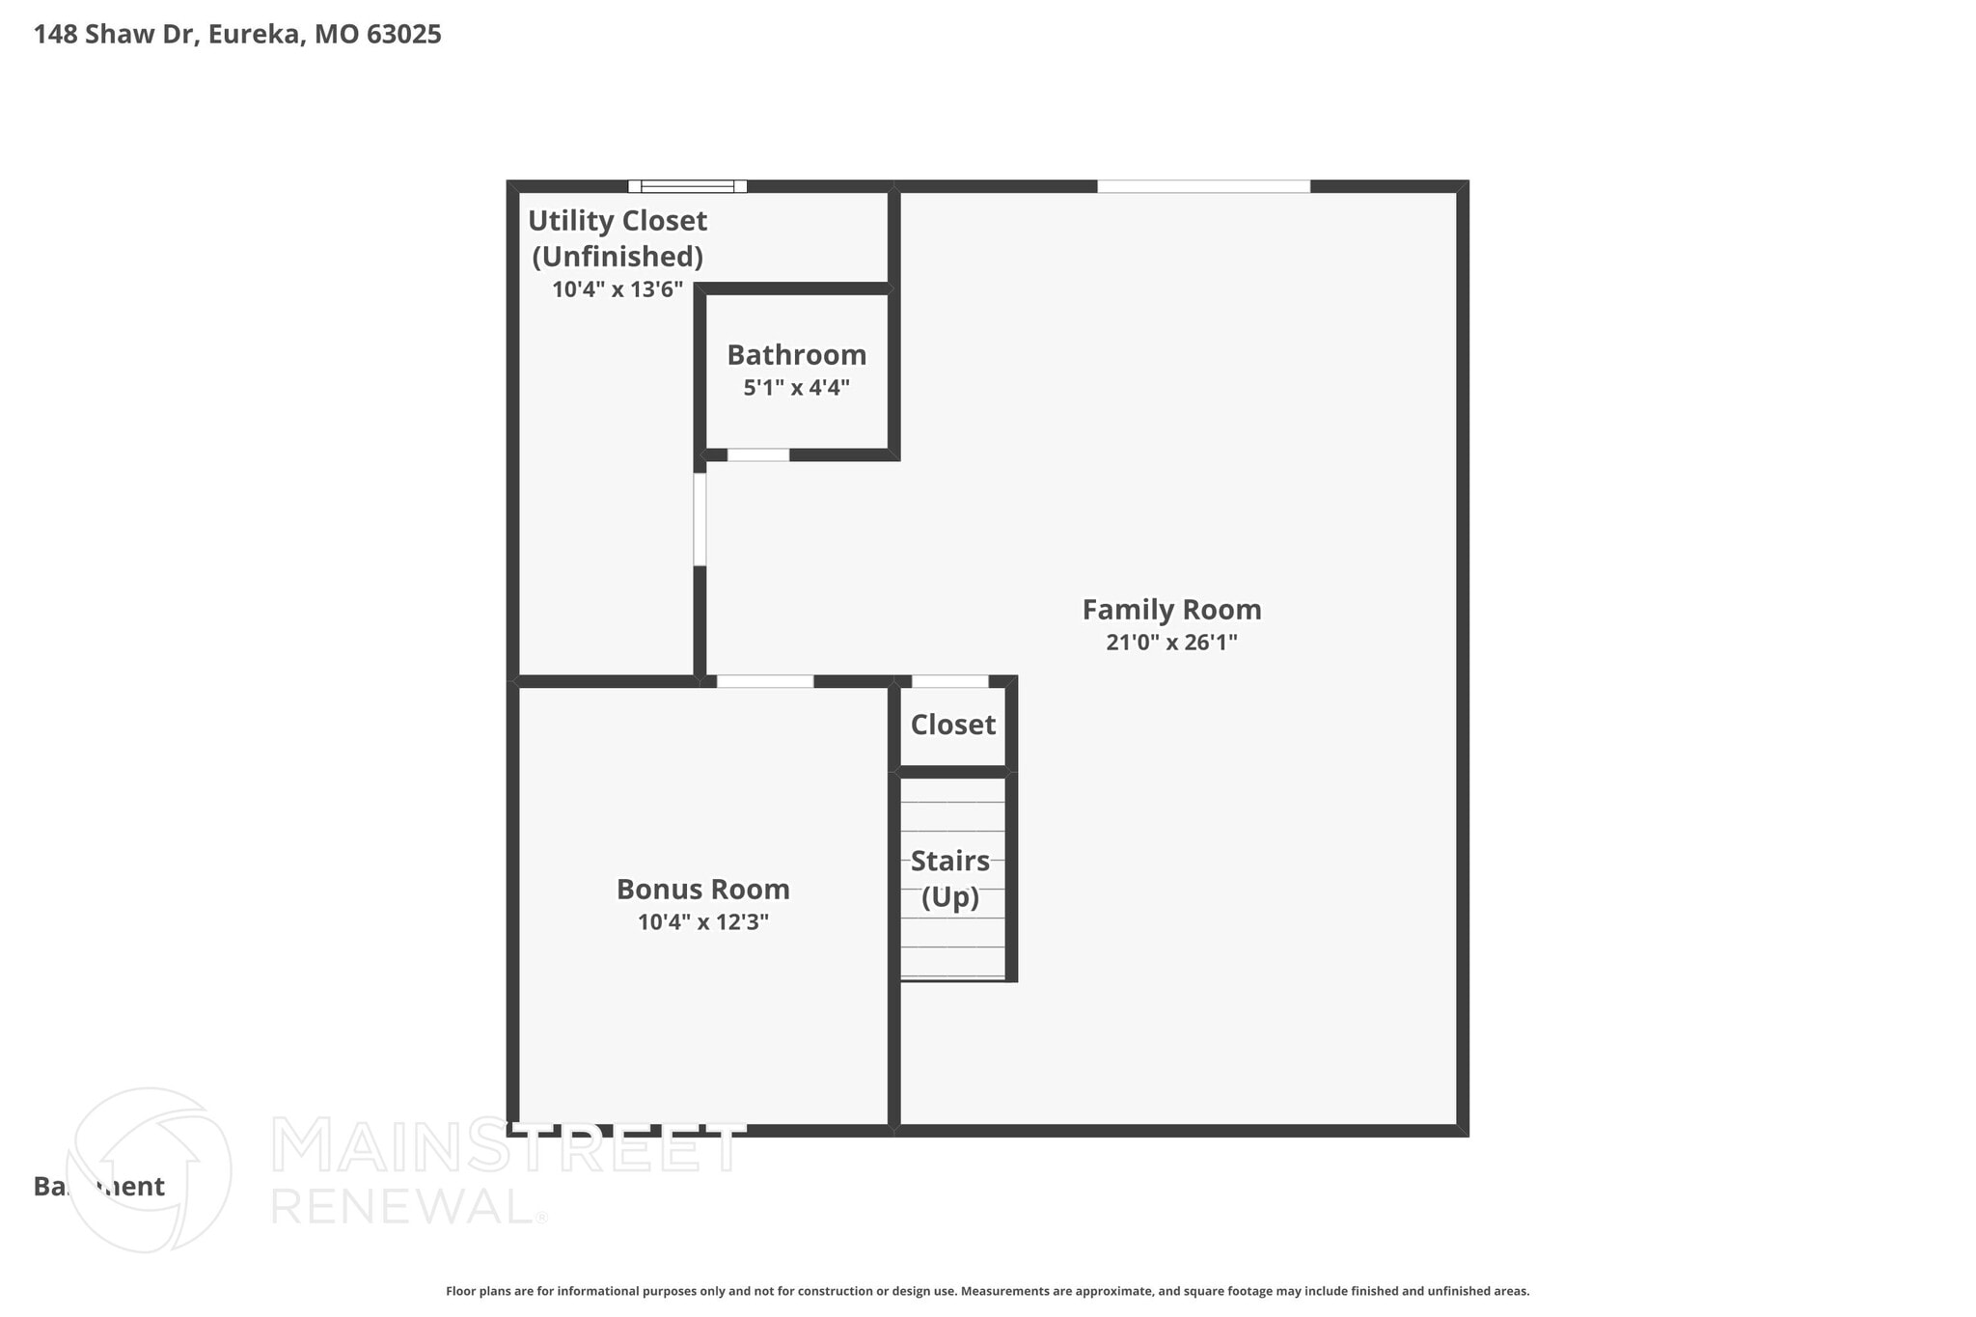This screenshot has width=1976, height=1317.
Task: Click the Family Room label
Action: tap(1171, 610)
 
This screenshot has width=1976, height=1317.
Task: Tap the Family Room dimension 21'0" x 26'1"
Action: tap(1171, 643)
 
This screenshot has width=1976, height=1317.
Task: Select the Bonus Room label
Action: tap(702, 889)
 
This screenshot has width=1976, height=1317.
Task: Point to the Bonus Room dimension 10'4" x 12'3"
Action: tap(702, 922)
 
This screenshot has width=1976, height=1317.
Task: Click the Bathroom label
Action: tap(796, 355)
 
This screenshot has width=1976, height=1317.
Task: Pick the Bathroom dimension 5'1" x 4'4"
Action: tap(796, 388)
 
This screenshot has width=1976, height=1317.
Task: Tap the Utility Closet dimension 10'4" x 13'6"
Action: tap(617, 289)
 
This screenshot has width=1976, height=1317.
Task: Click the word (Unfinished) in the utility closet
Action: tap(617, 257)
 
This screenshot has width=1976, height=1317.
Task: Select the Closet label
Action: tap(952, 725)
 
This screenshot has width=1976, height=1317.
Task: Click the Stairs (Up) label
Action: tap(950, 878)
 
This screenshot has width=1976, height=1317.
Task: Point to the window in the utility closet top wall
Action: tap(687, 186)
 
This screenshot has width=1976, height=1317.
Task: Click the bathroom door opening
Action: tap(758, 454)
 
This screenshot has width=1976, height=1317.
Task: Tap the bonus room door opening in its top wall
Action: tap(764, 681)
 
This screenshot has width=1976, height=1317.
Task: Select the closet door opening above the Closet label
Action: tap(949, 681)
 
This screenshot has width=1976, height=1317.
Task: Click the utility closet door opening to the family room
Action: tap(700, 519)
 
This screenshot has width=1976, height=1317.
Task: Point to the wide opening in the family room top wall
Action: tap(1203, 186)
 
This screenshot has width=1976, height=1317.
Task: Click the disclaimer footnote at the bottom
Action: tap(987, 1291)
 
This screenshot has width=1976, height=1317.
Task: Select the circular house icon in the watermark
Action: tap(149, 1169)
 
